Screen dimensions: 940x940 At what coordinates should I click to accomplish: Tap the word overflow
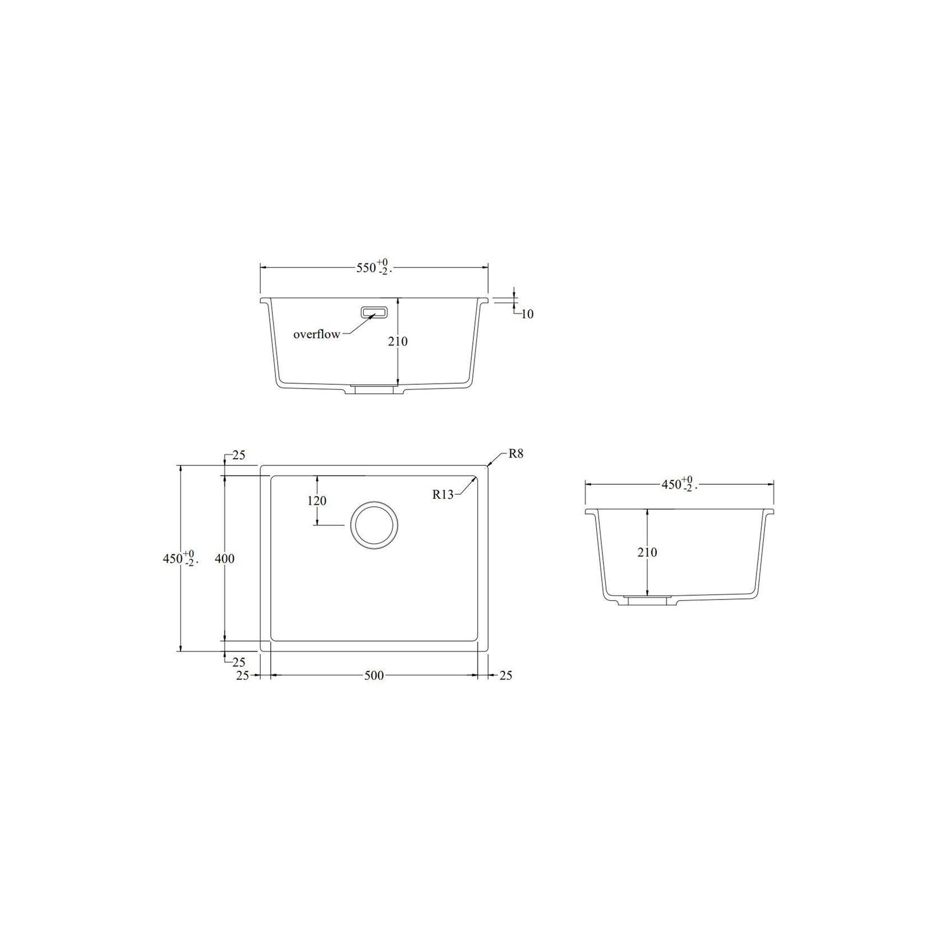pyautogui.click(x=316, y=334)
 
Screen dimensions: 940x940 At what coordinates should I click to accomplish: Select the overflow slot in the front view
pyautogui.click(x=374, y=312)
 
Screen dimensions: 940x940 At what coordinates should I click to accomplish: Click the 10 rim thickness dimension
pyautogui.click(x=527, y=314)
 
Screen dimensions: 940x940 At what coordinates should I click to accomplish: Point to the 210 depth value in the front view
pyautogui.click(x=398, y=341)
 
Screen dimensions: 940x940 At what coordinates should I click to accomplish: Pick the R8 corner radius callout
pyautogui.click(x=515, y=454)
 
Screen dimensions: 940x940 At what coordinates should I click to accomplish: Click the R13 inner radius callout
pyautogui.click(x=443, y=494)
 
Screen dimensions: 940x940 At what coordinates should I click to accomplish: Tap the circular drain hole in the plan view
pyautogui.click(x=374, y=525)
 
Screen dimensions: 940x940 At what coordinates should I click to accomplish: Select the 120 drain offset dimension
pyautogui.click(x=317, y=500)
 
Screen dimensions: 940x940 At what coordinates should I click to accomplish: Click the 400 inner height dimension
pyautogui.click(x=224, y=559)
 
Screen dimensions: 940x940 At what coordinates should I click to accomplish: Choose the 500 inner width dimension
pyautogui.click(x=374, y=675)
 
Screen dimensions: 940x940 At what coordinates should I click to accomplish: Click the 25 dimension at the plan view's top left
pyautogui.click(x=239, y=455)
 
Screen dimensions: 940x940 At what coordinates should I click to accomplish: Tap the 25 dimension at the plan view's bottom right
pyautogui.click(x=505, y=675)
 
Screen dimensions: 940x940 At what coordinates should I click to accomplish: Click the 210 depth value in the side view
pyautogui.click(x=647, y=552)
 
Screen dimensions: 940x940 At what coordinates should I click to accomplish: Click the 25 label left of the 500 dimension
pyautogui.click(x=242, y=675)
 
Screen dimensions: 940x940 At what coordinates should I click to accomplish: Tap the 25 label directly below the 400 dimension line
pyautogui.click(x=239, y=662)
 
